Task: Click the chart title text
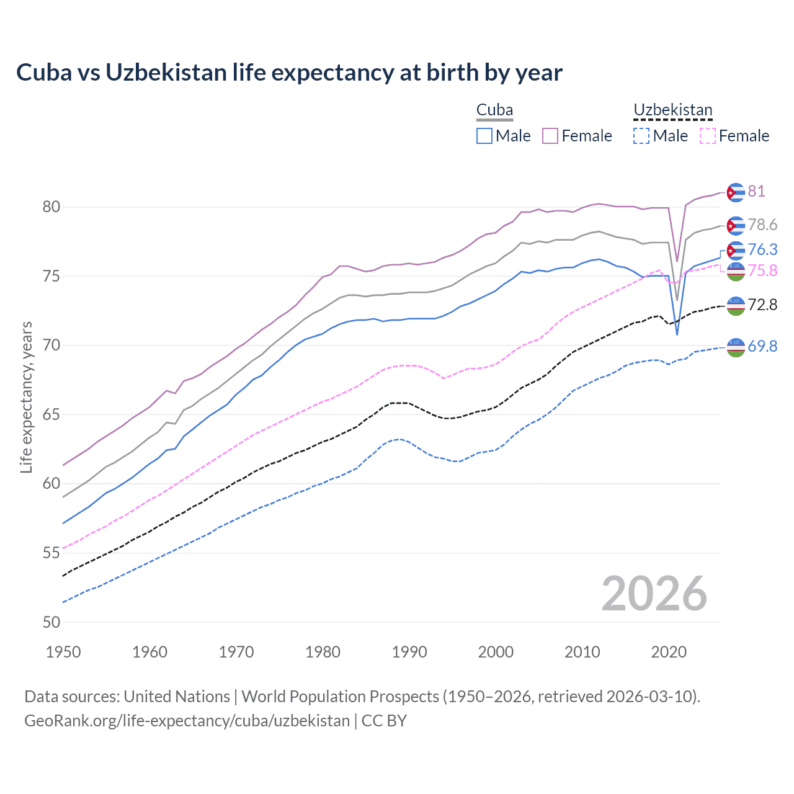click(289, 73)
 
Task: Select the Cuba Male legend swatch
click(484, 136)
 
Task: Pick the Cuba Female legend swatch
click(550, 136)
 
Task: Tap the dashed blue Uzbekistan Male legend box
click(641, 136)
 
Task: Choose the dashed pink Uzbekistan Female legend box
click(708, 136)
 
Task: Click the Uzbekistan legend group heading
click(672, 110)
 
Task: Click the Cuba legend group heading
click(494, 110)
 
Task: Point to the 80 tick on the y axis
click(51, 207)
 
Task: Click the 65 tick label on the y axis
click(51, 414)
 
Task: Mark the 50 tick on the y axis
click(51, 622)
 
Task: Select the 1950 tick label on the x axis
click(63, 652)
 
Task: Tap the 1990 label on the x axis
click(409, 652)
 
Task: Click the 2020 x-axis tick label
click(669, 652)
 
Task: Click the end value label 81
click(756, 191)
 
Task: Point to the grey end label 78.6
click(762, 225)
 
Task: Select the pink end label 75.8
click(762, 270)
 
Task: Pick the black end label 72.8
click(762, 305)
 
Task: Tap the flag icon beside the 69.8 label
click(736, 347)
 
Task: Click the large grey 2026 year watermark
click(654, 594)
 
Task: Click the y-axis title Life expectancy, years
click(27, 397)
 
